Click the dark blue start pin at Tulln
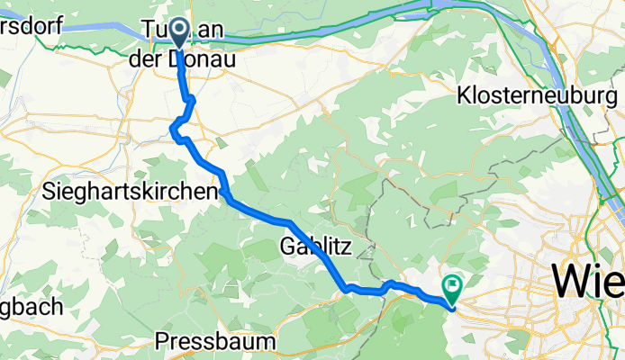click(178, 34)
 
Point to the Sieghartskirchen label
click(131, 192)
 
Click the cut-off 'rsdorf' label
click(30, 24)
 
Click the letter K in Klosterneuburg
click(465, 94)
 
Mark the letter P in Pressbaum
click(161, 341)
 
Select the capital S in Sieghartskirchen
click(49, 192)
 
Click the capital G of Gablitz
click(288, 245)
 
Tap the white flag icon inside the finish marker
click(450, 285)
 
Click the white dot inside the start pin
click(178, 31)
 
